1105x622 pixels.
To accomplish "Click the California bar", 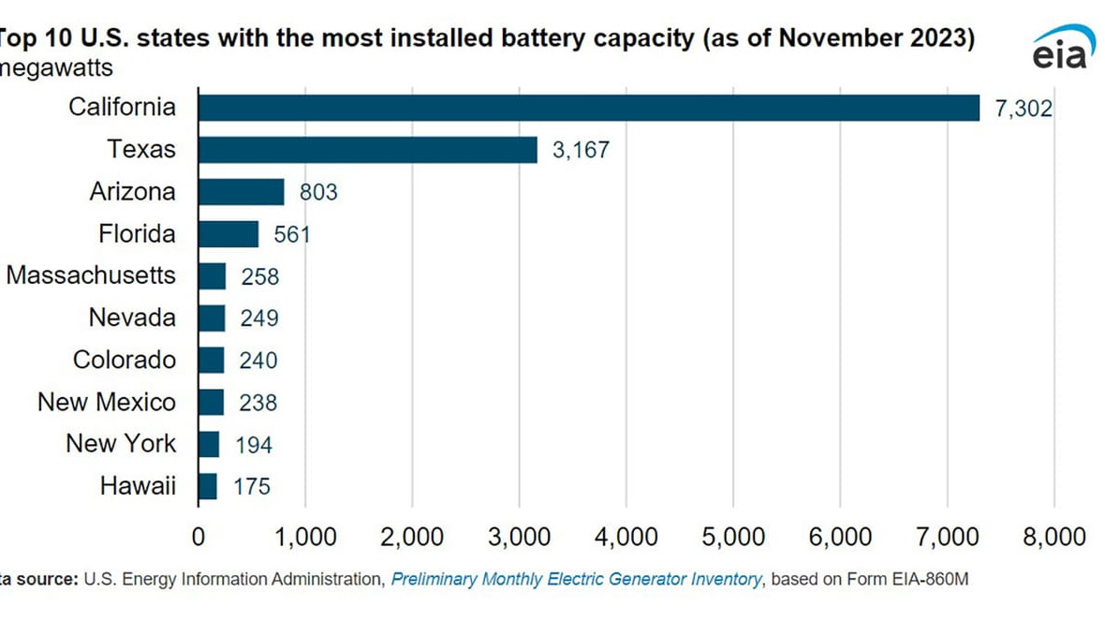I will [x=588, y=108].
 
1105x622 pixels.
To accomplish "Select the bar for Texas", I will [x=367, y=150].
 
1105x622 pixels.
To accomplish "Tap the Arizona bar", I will [x=241, y=192].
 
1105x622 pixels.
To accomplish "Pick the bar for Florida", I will [x=228, y=233].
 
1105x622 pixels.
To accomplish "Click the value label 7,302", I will [x=1024, y=109].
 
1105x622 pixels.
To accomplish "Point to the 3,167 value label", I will [x=581, y=151].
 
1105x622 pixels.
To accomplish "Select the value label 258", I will [x=259, y=276].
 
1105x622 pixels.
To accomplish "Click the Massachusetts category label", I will [x=91, y=275].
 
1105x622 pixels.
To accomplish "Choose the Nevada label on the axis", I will [x=132, y=318].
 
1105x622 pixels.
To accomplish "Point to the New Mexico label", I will [x=107, y=402].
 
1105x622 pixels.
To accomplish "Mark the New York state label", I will [x=121, y=443].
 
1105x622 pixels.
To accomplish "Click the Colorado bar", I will [x=212, y=360].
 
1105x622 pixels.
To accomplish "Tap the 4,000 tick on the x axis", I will [x=626, y=537].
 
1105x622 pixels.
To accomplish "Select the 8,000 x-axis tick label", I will [x=1054, y=537].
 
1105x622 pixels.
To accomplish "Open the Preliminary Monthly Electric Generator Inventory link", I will [x=576, y=580].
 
